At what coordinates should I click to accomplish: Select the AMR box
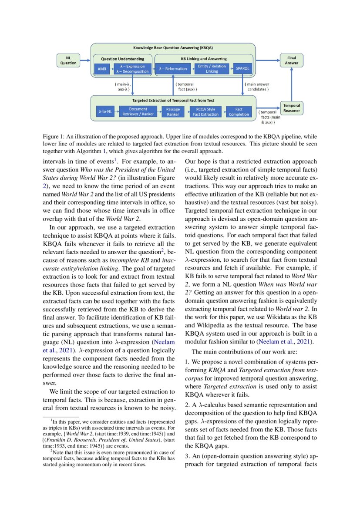pos(102,69)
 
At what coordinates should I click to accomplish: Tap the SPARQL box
pos(241,69)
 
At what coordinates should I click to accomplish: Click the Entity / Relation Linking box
pos(212,69)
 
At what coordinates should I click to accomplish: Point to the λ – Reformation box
pos(173,69)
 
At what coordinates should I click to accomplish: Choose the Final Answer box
pos(291,60)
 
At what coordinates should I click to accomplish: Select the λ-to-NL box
pos(105,111)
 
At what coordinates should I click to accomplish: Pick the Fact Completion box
pos(239,111)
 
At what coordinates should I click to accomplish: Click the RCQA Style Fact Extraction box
pos(206,111)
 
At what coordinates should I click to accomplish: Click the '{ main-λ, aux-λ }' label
pos(121,86)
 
